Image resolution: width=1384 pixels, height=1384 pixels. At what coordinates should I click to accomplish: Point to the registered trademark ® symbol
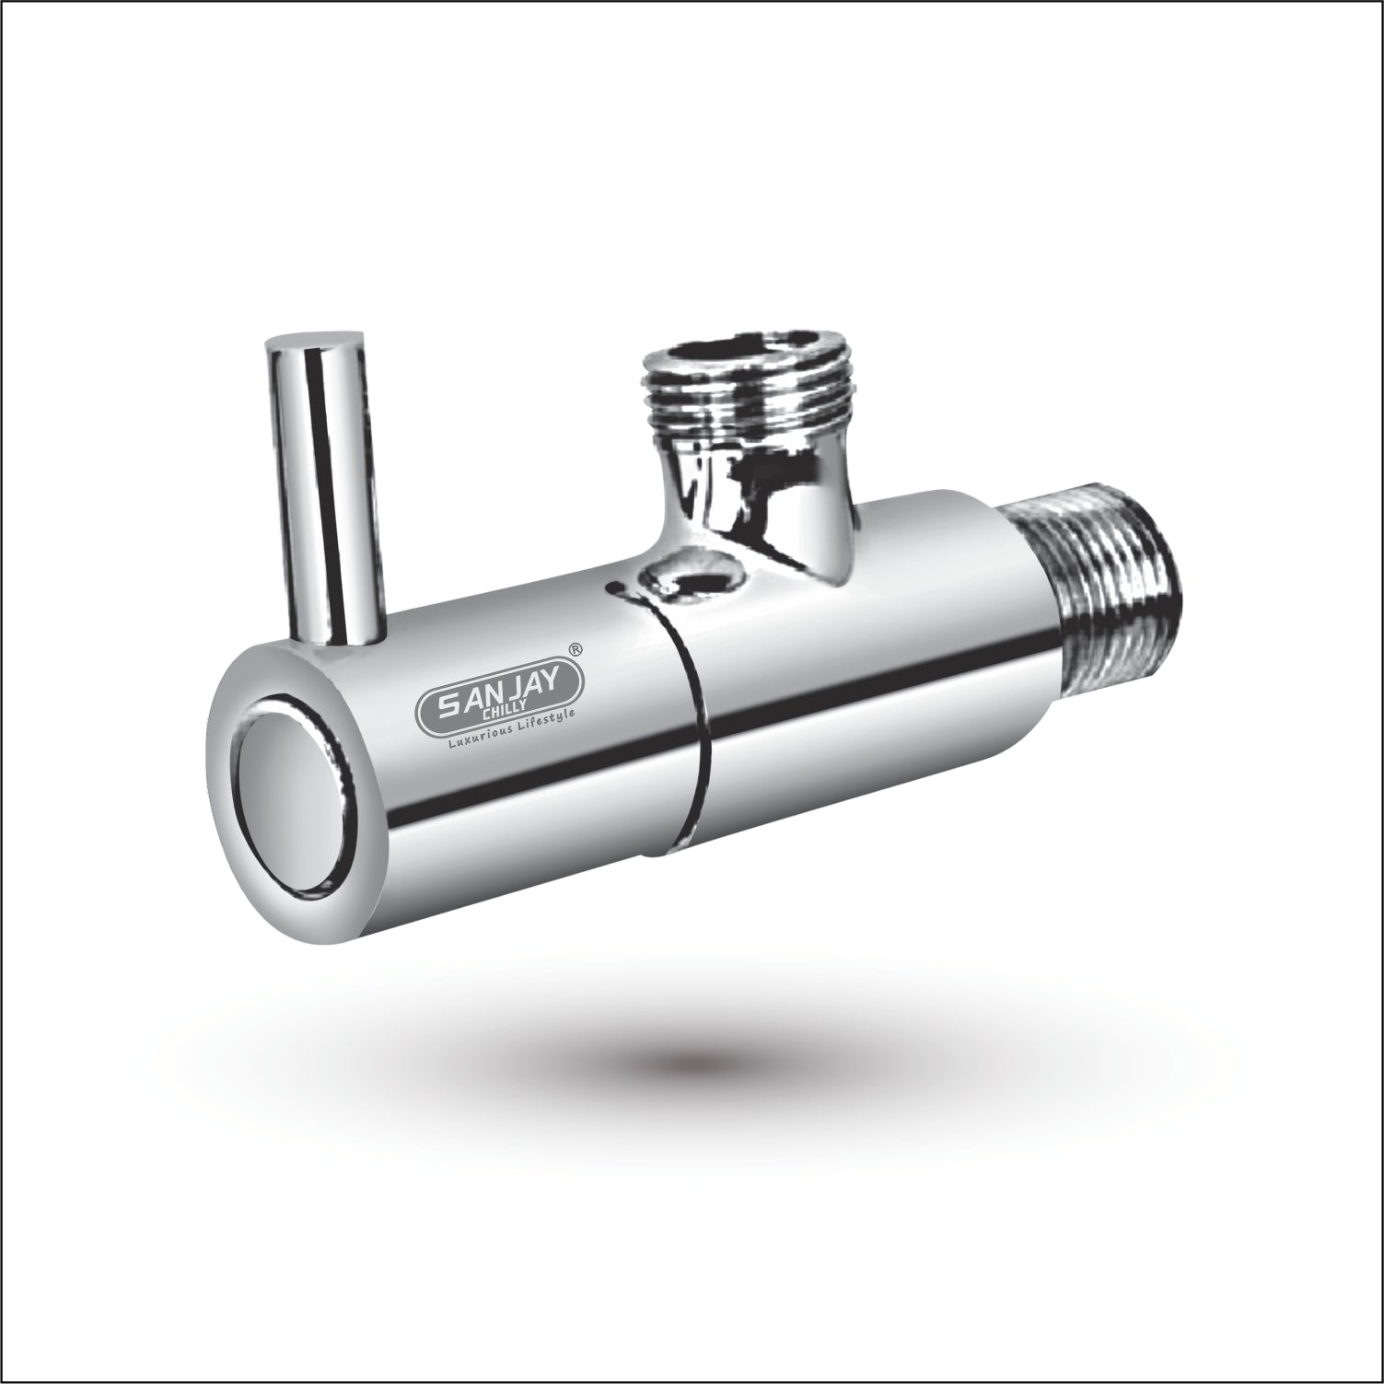(x=576, y=649)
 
